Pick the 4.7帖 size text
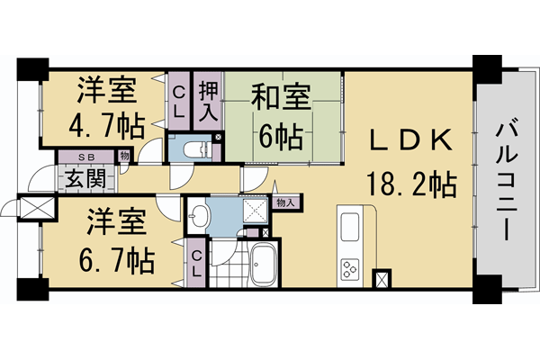pyautogui.click(x=105, y=124)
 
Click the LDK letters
pyautogui.click(x=409, y=139)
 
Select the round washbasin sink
pyautogui.click(x=200, y=215)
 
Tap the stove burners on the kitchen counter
pyautogui.click(x=348, y=268)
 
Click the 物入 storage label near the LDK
pyautogui.click(x=286, y=203)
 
